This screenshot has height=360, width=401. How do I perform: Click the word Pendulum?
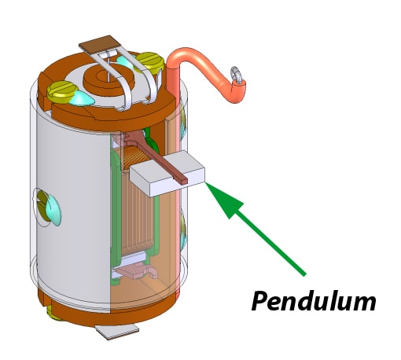314,301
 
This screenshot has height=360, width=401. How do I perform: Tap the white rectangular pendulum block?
167,173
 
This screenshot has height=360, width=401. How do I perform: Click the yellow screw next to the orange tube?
149,61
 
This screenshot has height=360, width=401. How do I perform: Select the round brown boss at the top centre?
109,77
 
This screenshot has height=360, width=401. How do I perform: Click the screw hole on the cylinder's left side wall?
46,207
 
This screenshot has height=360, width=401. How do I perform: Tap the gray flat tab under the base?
116,332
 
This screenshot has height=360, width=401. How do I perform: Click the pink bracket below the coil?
136,271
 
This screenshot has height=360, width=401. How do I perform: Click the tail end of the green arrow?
304,274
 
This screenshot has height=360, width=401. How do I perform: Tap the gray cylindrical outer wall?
73,210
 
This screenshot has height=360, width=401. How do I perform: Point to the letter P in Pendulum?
260,300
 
